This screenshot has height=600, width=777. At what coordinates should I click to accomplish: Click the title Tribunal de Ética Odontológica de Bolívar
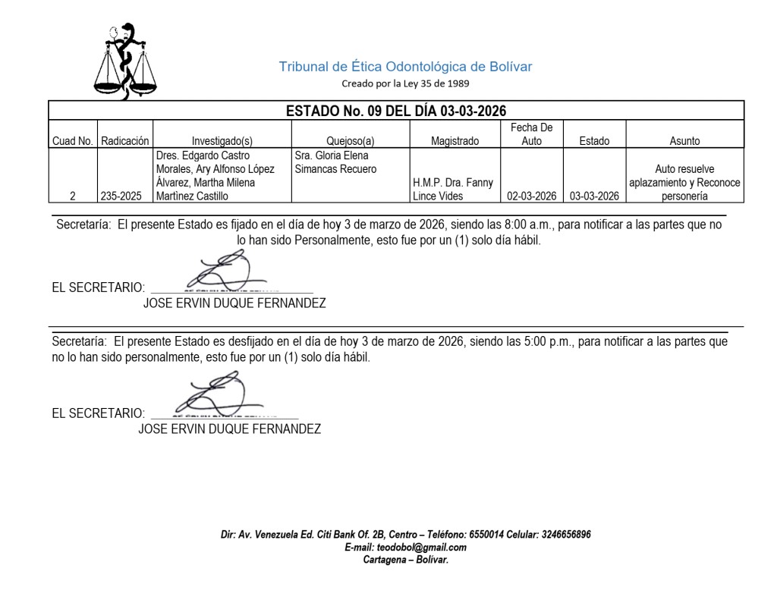pyautogui.click(x=405, y=67)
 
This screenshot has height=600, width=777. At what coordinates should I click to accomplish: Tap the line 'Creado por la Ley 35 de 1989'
pyautogui.click(x=405, y=83)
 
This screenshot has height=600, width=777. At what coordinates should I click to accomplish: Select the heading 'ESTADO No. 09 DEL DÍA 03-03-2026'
pyautogui.click(x=395, y=111)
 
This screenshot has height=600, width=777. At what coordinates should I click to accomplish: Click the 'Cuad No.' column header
pyautogui.click(x=73, y=141)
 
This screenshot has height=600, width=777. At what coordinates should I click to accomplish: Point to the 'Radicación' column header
pyautogui.click(x=125, y=141)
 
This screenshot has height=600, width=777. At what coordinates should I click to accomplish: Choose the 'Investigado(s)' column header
pyautogui.click(x=222, y=141)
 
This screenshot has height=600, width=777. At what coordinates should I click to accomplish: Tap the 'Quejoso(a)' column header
pyautogui.click(x=351, y=141)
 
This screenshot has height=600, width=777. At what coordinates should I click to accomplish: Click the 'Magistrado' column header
pyautogui.click(x=455, y=141)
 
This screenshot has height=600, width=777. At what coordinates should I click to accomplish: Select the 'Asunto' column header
pyautogui.click(x=684, y=141)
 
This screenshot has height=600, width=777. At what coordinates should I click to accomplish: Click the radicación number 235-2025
pyautogui.click(x=125, y=196)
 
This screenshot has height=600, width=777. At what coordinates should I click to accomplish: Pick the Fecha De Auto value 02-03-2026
pyautogui.click(x=532, y=196)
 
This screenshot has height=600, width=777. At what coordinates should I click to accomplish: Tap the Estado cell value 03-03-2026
pyautogui.click(x=594, y=196)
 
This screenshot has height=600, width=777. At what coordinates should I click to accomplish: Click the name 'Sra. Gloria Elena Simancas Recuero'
pyautogui.click(x=335, y=162)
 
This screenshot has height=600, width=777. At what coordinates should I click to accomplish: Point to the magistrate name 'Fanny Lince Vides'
pyautogui.click(x=453, y=190)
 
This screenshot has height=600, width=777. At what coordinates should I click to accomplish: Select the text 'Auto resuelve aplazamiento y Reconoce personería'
pyautogui.click(x=684, y=183)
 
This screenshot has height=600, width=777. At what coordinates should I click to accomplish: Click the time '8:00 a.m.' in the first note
pyautogui.click(x=528, y=225)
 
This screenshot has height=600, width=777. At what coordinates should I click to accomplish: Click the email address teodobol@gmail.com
pyautogui.click(x=405, y=548)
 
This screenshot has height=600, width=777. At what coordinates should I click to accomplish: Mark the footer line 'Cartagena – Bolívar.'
pyautogui.click(x=405, y=560)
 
